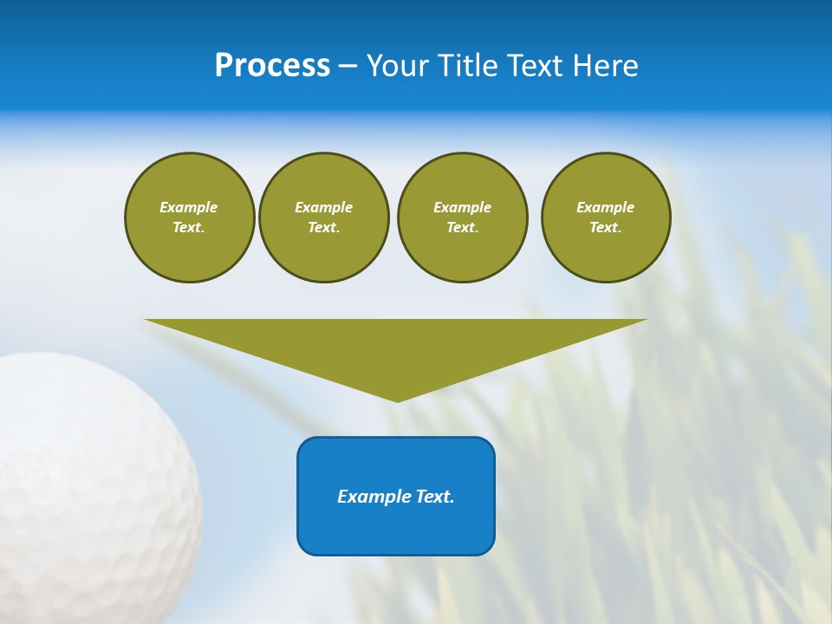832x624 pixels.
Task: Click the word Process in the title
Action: click(x=272, y=66)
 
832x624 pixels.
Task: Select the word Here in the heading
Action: click(x=606, y=66)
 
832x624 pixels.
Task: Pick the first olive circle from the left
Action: click(x=189, y=218)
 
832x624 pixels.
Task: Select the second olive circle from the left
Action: click(x=323, y=218)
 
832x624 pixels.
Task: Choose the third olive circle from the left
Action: click(x=462, y=218)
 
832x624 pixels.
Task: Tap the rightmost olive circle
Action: click(x=606, y=218)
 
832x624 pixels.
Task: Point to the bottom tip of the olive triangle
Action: click(x=397, y=400)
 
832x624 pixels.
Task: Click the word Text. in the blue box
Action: click(x=434, y=497)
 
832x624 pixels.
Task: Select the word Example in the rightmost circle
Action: click(x=606, y=207)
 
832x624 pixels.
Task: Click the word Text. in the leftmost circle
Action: click(x=189, y=228)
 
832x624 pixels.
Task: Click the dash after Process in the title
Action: click(x=348, y=66)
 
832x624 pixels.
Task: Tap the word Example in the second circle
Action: click(x=323, y=207)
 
